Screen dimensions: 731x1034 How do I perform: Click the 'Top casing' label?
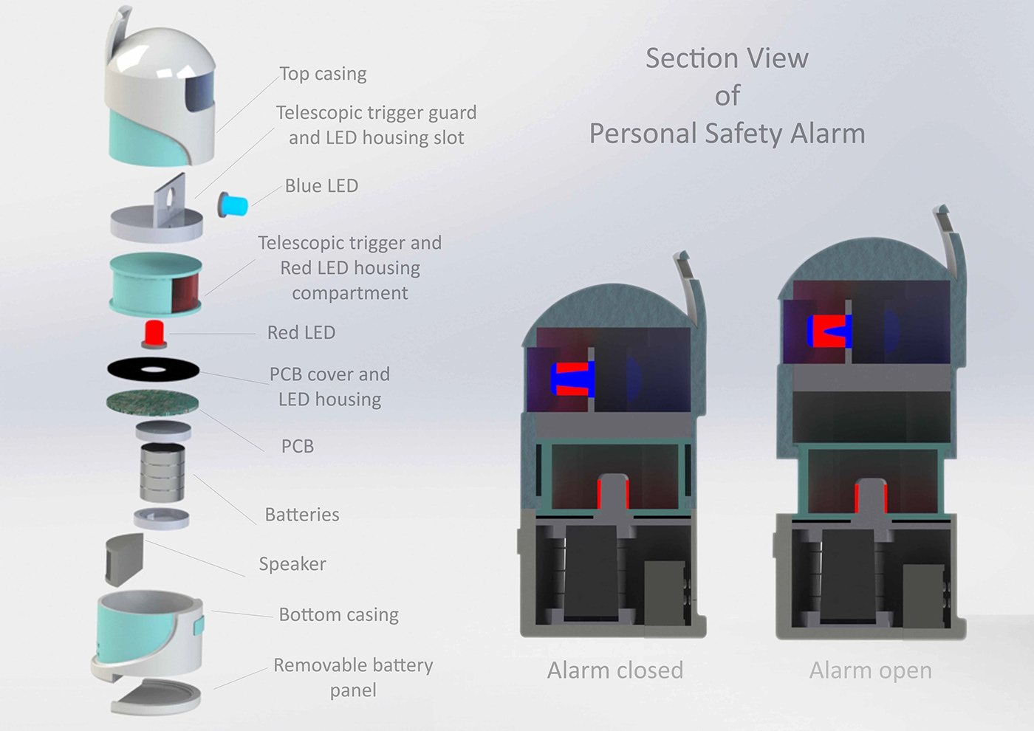coord(323,74)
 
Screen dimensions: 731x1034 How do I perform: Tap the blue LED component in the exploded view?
coord(233,205)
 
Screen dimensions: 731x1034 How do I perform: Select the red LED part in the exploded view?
coord(154,333)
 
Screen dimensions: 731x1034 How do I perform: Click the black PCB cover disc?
coord(153,369)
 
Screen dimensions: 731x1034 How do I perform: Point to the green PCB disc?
coord(153,402)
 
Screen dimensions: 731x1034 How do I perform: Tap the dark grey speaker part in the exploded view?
coord(124,558)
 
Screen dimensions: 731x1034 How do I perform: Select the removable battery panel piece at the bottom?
coord(157,696)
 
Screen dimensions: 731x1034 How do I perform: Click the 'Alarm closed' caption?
coord(615,670)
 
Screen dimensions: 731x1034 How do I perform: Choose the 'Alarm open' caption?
coord(870,670)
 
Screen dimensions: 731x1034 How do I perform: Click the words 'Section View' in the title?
coord(727,58)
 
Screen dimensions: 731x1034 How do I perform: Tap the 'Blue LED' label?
coord(321,186)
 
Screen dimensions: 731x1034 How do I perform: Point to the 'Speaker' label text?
coord(292,564)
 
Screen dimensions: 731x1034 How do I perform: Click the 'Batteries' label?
coord(302,515)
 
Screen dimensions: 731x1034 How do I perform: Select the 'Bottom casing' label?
coord(338,614)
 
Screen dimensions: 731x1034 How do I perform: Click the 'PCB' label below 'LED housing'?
coord(298,446)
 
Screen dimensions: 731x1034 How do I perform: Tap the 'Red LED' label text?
coord(301,333)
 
